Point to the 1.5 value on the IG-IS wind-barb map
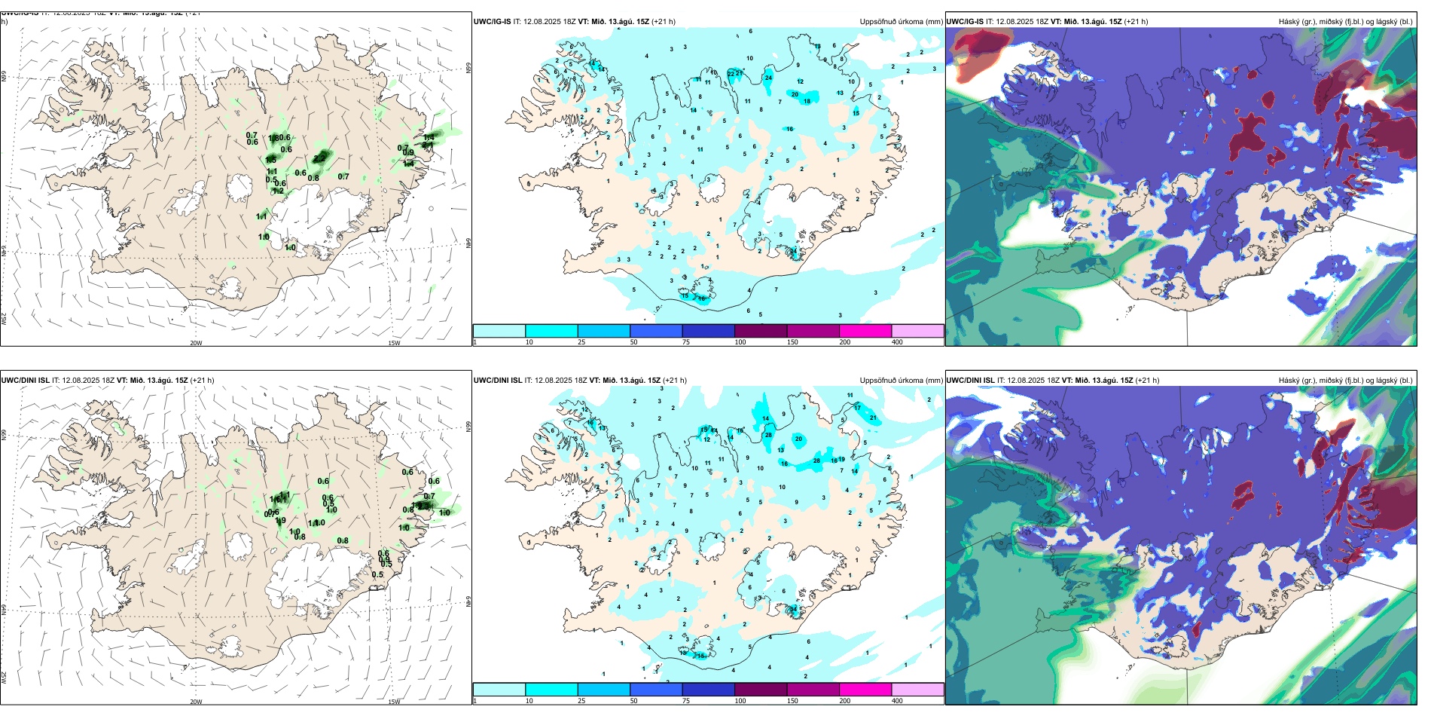[x=271, y=160]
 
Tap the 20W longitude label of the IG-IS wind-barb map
[x=196, y=343]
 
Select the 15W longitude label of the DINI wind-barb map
[x=394, y=702]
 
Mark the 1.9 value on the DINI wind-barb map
[x=280, y=521]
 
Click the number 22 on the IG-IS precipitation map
[x=731, y=73]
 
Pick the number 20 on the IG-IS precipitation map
[x=795, y=95]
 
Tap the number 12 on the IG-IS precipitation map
[x=800, y=81]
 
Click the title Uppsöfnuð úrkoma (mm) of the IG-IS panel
[x=901, y=22]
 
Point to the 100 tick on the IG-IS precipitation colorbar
[x=740, y=342]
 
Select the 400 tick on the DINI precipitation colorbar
[x=897, y=701]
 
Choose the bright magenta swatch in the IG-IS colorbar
[x=865, y=331]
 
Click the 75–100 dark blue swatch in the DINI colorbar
[x=708, y=690]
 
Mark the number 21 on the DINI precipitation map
[x=874, y=418]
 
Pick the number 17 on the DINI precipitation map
[x=857, y=408]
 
